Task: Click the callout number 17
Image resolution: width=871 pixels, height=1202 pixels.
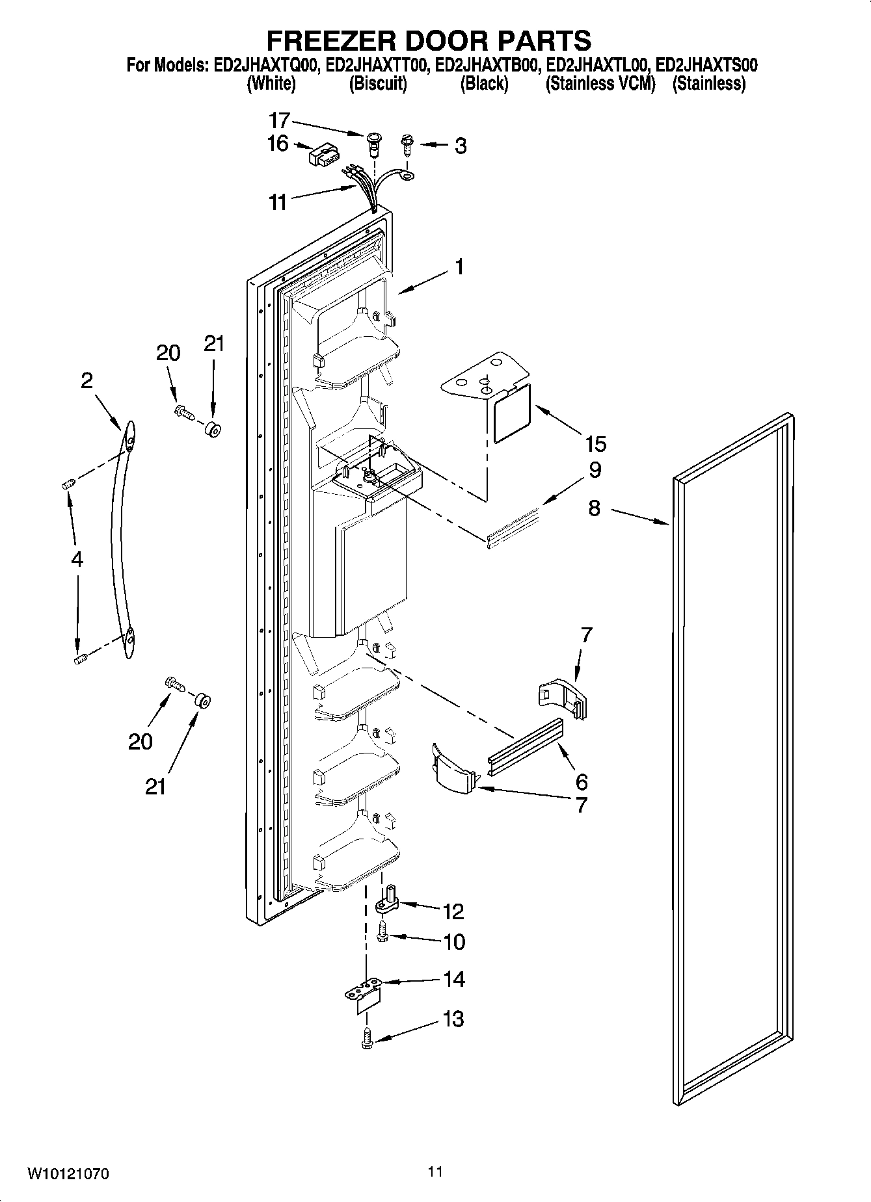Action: [x=279, y=121]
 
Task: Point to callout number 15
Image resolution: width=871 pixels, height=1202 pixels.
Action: [x=595, y=444]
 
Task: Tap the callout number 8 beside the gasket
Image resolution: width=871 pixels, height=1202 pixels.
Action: [x=595, y=508]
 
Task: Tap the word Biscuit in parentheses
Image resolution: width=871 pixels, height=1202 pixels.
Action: [x=378, y=83]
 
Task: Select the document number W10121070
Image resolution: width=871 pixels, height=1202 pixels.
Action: [x=68, y=1174]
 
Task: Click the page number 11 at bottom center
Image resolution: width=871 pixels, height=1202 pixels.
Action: [x=435, y=1171]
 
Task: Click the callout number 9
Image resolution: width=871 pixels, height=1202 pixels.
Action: [x=595, y=470]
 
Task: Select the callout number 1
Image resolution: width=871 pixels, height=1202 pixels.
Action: [x=459, y=267]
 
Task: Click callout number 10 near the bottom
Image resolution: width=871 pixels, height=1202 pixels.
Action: [x=454, y=941]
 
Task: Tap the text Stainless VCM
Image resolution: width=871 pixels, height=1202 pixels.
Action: [x=600, y=83]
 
